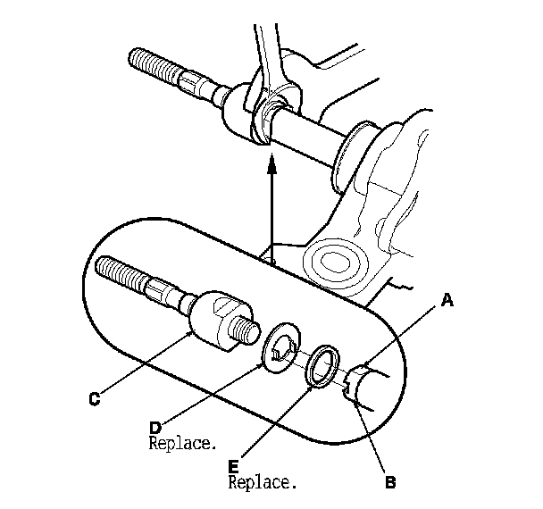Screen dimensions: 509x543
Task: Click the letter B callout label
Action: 389,483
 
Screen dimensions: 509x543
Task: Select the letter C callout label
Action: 94,400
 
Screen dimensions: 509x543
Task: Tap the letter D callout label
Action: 155,428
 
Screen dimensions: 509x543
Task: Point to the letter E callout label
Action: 234,466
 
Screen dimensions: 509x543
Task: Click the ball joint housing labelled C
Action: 214,318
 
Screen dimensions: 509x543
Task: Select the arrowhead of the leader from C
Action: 192,334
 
